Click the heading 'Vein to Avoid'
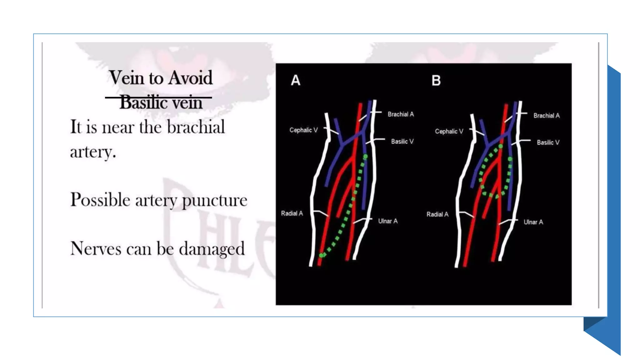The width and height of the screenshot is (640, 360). click(161, 77)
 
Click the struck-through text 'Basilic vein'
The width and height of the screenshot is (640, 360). click(161, 102)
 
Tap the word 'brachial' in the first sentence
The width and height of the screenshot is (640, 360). click(196, 127)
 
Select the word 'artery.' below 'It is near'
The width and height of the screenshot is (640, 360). click(93, 152)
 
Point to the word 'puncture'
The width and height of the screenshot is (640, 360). click(214, 200)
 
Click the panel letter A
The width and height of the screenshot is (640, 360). click(296, 80)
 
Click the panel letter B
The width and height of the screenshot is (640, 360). click(436, 80)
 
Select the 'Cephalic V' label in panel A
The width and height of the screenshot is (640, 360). click(303, 130)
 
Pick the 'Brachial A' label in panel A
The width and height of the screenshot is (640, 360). click(401, 114)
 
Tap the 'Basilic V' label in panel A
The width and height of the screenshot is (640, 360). click(402, 142)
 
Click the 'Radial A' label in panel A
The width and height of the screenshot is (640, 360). click(292, 213)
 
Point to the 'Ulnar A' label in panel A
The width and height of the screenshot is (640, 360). click(388, 221)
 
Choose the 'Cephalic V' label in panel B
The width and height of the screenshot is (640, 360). click(449, 132)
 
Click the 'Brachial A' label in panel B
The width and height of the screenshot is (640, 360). click(547, 116)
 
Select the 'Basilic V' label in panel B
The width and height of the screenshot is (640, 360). click(548, 142)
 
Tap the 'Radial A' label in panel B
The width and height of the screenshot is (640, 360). click(437, 214)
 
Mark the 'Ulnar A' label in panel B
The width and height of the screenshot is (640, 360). click(533, 222)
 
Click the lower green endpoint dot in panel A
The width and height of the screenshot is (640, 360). click(321, 255)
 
